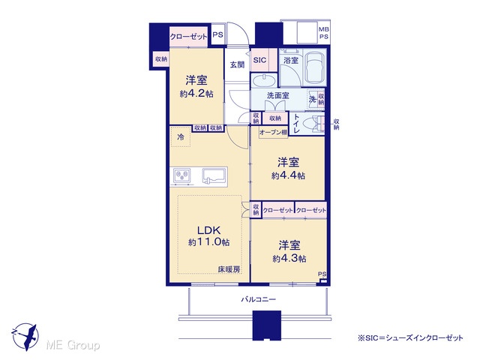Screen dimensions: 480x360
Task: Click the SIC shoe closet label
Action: [x=259, y=60]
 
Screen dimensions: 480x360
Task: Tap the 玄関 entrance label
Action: [x=237, y=64]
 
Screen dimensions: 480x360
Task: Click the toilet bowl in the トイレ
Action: [x=310, y=124]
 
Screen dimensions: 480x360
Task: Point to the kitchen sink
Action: [x=214, y=177]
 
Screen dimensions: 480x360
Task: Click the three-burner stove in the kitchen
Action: [x=181, y=177]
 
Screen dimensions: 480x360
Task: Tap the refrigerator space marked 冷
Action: [x=181, y=136]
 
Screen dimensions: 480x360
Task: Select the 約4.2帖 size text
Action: [x=196, y=94]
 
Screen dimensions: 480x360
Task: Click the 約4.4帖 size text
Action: [x=288, y=175]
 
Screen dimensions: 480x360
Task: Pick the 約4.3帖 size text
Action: [x=289, y=259]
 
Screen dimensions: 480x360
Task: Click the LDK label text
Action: [x=208, y=229]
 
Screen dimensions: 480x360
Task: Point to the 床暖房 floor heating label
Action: [x=229, y=269]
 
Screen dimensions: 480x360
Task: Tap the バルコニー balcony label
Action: [x=258, y=299]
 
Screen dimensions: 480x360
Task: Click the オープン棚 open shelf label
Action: [x=273, y=133]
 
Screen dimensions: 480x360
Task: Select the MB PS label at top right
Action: [x=324, y=33]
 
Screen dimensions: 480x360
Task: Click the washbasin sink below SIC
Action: [x=263, y=80]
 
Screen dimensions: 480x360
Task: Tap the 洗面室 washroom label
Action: [x=278, y=95]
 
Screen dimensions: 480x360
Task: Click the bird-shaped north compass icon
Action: [x=25, y=337]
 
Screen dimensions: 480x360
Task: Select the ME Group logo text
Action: [x=73, y=345]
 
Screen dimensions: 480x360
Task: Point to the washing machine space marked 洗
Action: [x=312, y=99]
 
